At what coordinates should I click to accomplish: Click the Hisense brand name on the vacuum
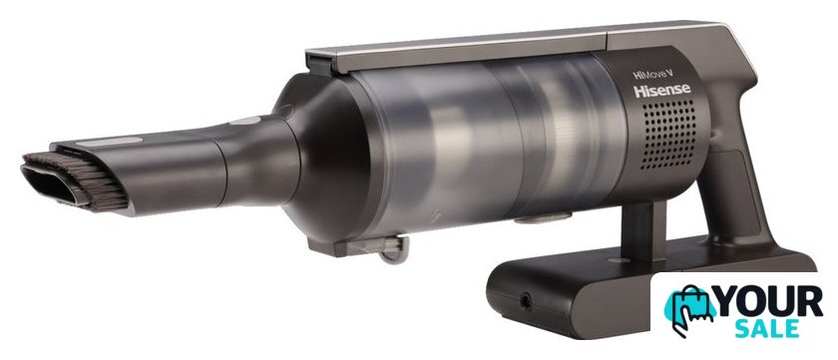662,91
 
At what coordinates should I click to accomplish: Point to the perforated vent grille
669,134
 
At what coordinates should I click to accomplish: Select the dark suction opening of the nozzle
51,184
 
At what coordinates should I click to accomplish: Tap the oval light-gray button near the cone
245,121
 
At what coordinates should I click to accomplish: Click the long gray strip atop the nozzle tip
109,142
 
